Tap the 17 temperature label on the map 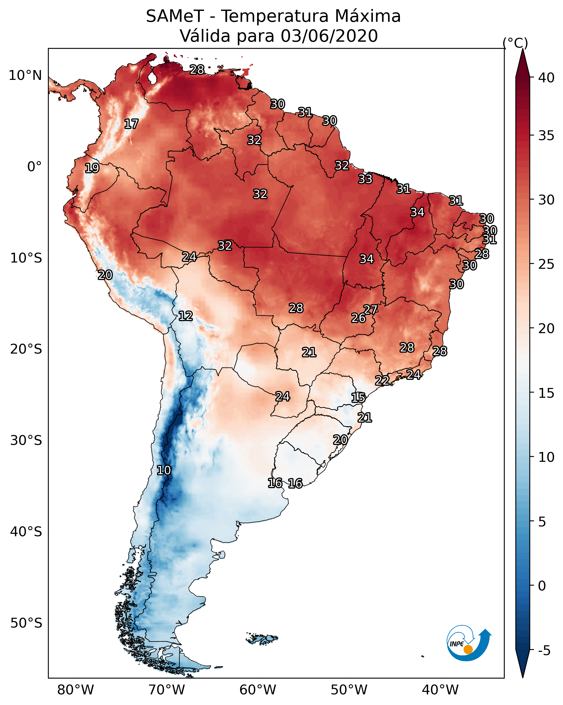point(131,124)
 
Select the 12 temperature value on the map point(185,316)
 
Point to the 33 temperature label point(365,179)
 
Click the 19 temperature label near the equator point(92,168)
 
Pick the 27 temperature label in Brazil point(370,309)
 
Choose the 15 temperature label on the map point(358,398)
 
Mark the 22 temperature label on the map point(382,380)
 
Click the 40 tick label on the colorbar point(546,78)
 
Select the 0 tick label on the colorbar point(542,586)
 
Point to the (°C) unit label point(515,43)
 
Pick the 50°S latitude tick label point(26,623)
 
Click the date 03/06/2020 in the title point(329,36)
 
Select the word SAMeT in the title point(175,16)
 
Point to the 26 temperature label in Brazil point(358,318)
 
